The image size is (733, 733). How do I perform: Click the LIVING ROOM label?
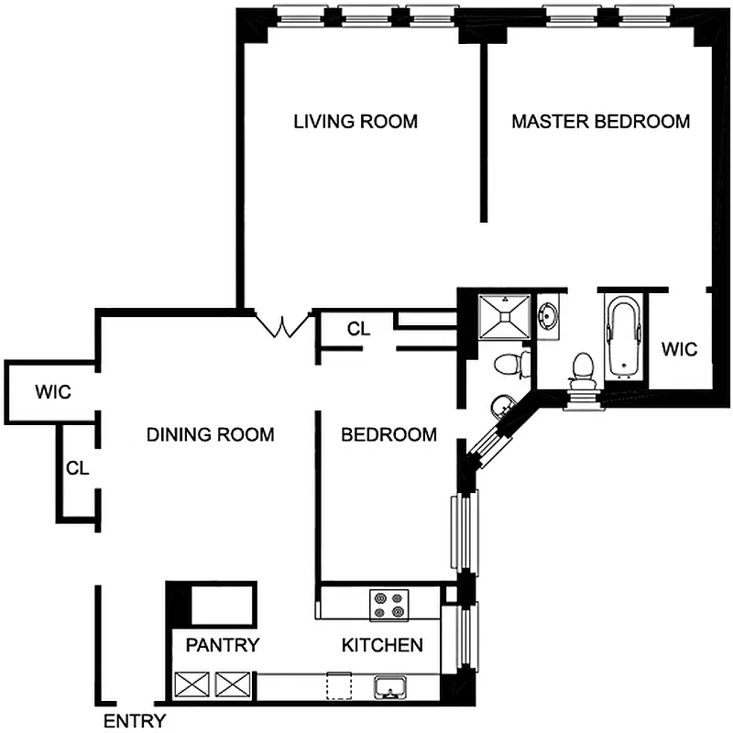[356, 121]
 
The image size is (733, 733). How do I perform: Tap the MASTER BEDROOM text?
[600, 121]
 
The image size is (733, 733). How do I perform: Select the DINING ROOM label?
[210, 434]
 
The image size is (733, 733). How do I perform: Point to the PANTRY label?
[223, 645]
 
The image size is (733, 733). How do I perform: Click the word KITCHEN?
[382, 645]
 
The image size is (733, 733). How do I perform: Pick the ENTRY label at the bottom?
[134, 720]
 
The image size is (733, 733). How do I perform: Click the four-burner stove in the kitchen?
[388, 605]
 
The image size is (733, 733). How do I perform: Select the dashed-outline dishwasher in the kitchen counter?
[340, 684]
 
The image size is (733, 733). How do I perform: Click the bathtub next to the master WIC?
[624, 335]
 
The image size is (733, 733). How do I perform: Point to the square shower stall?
[503, 317]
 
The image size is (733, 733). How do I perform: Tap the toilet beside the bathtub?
[581, 367]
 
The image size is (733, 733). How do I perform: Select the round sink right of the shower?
[548, 317]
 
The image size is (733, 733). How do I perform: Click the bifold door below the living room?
[281, 325]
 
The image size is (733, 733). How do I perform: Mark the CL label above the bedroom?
[358, 329]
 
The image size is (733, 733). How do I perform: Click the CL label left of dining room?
[77, 467]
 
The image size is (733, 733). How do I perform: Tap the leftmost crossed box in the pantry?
[193, 684]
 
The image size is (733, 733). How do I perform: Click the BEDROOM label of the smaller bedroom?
[388, 434]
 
